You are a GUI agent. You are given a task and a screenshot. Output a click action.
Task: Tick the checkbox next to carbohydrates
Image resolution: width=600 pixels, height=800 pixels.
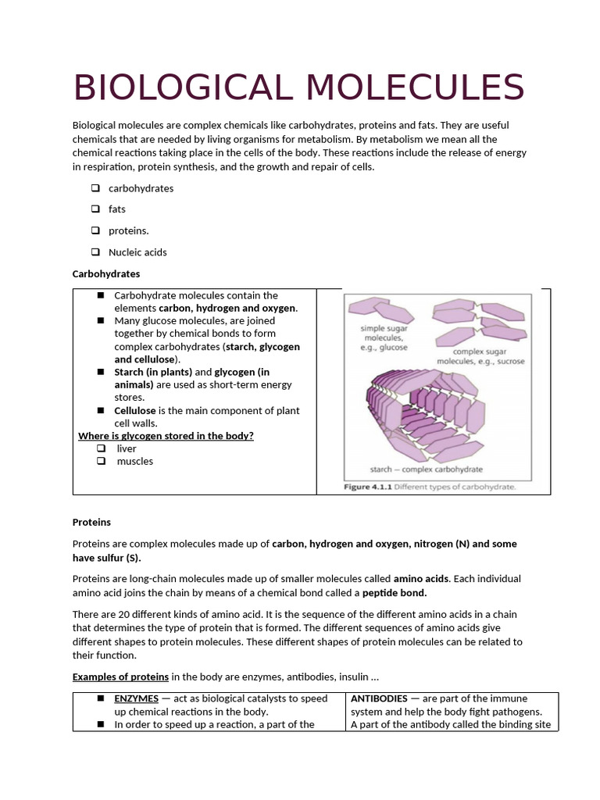pyautogui.click(x=95, y=188)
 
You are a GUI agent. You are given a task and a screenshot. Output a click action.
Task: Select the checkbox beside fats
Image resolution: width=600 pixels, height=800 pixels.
pyautogui.click(x=95, y=209)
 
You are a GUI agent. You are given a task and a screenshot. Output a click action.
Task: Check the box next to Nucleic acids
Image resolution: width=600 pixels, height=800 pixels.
pyautogui.click(x=95, y=252)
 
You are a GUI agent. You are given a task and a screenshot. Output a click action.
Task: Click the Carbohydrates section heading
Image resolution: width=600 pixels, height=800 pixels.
pyautogui.click(x=106, y=274)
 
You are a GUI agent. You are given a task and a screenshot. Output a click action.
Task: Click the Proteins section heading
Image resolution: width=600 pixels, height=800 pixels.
pyautogui.click(x=91, y=522)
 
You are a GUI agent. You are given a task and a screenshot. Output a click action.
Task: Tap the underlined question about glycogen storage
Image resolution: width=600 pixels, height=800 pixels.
pyautogui.click(x=166, y=436)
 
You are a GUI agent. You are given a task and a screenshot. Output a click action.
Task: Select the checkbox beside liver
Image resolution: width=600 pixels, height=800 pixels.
pyautogui.click(x=101, y=448)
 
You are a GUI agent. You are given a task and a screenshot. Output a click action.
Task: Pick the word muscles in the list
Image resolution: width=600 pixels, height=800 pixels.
pyautogui.click(x=135, y=461)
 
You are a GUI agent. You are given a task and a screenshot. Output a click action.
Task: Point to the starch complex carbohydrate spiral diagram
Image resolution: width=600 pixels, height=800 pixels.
pyautogui.click(x=426, y=414)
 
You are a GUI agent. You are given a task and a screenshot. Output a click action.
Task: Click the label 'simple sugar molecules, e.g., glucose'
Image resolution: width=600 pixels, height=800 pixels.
pyautogui.click(x=383, y=337)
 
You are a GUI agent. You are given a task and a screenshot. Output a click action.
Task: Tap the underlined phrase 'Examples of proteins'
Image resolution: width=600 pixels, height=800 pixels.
pyautogui.click(x=120, y=677)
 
